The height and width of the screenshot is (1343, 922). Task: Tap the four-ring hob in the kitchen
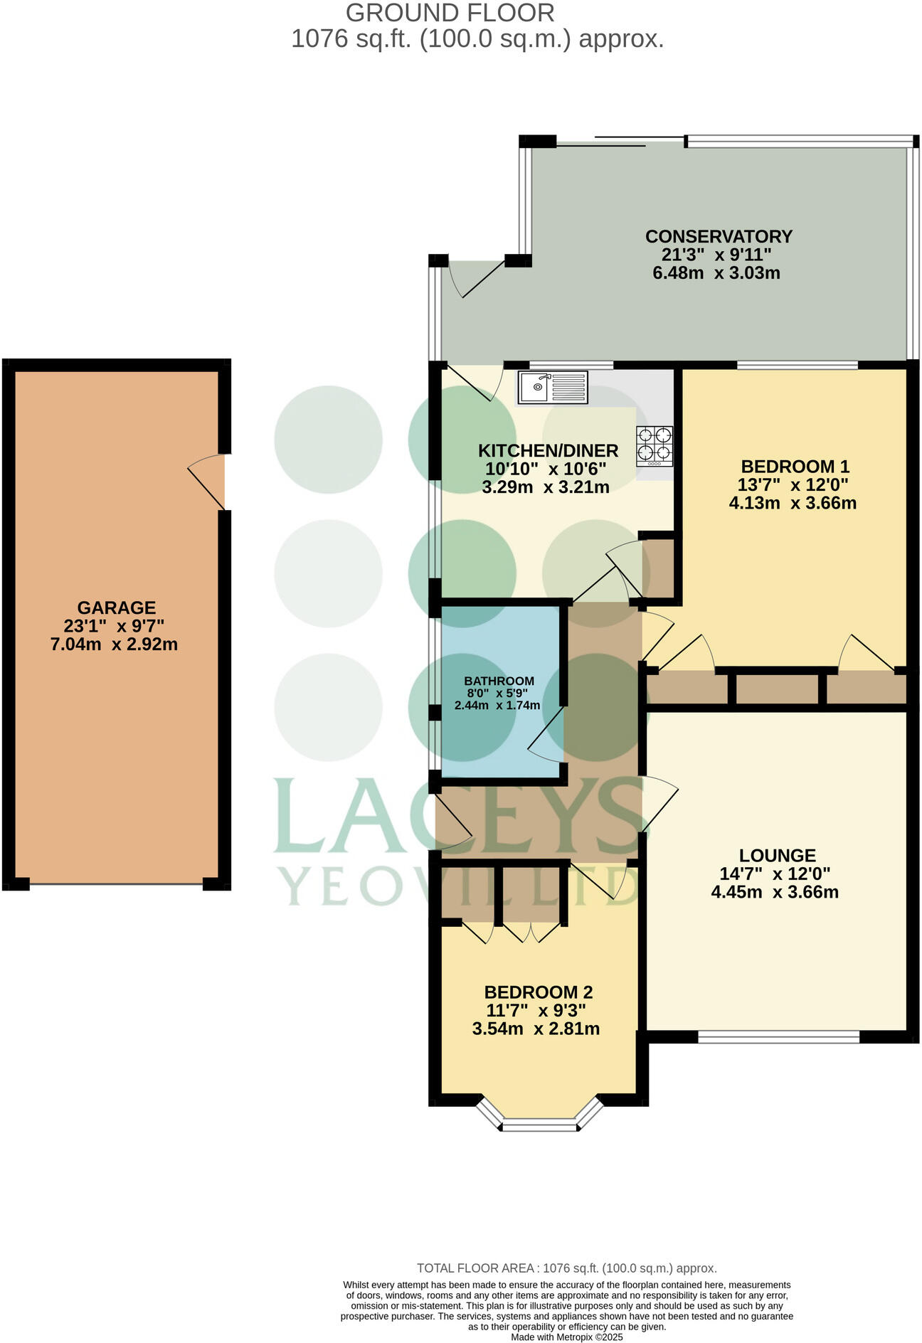point(655,445)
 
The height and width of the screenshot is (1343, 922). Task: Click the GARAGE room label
point(116,607)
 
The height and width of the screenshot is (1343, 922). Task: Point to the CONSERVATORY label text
point(718,236)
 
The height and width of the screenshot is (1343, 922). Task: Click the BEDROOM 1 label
point(795,467)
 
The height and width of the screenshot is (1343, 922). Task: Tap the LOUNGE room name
point(777,855)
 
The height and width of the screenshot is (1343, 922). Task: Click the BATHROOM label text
point(499,681)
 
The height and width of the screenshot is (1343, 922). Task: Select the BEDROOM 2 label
point(538,992)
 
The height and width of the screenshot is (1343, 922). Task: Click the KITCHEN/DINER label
point(547,450)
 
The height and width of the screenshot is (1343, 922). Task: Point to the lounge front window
point(778,1038)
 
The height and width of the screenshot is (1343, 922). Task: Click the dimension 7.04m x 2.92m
point(114,645)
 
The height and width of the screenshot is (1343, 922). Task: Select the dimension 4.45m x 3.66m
point(775,892)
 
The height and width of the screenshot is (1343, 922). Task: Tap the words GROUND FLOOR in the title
point(449,13)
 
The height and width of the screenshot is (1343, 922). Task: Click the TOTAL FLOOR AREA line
point(566,1268)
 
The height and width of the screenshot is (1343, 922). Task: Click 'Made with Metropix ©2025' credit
point(567,1337)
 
